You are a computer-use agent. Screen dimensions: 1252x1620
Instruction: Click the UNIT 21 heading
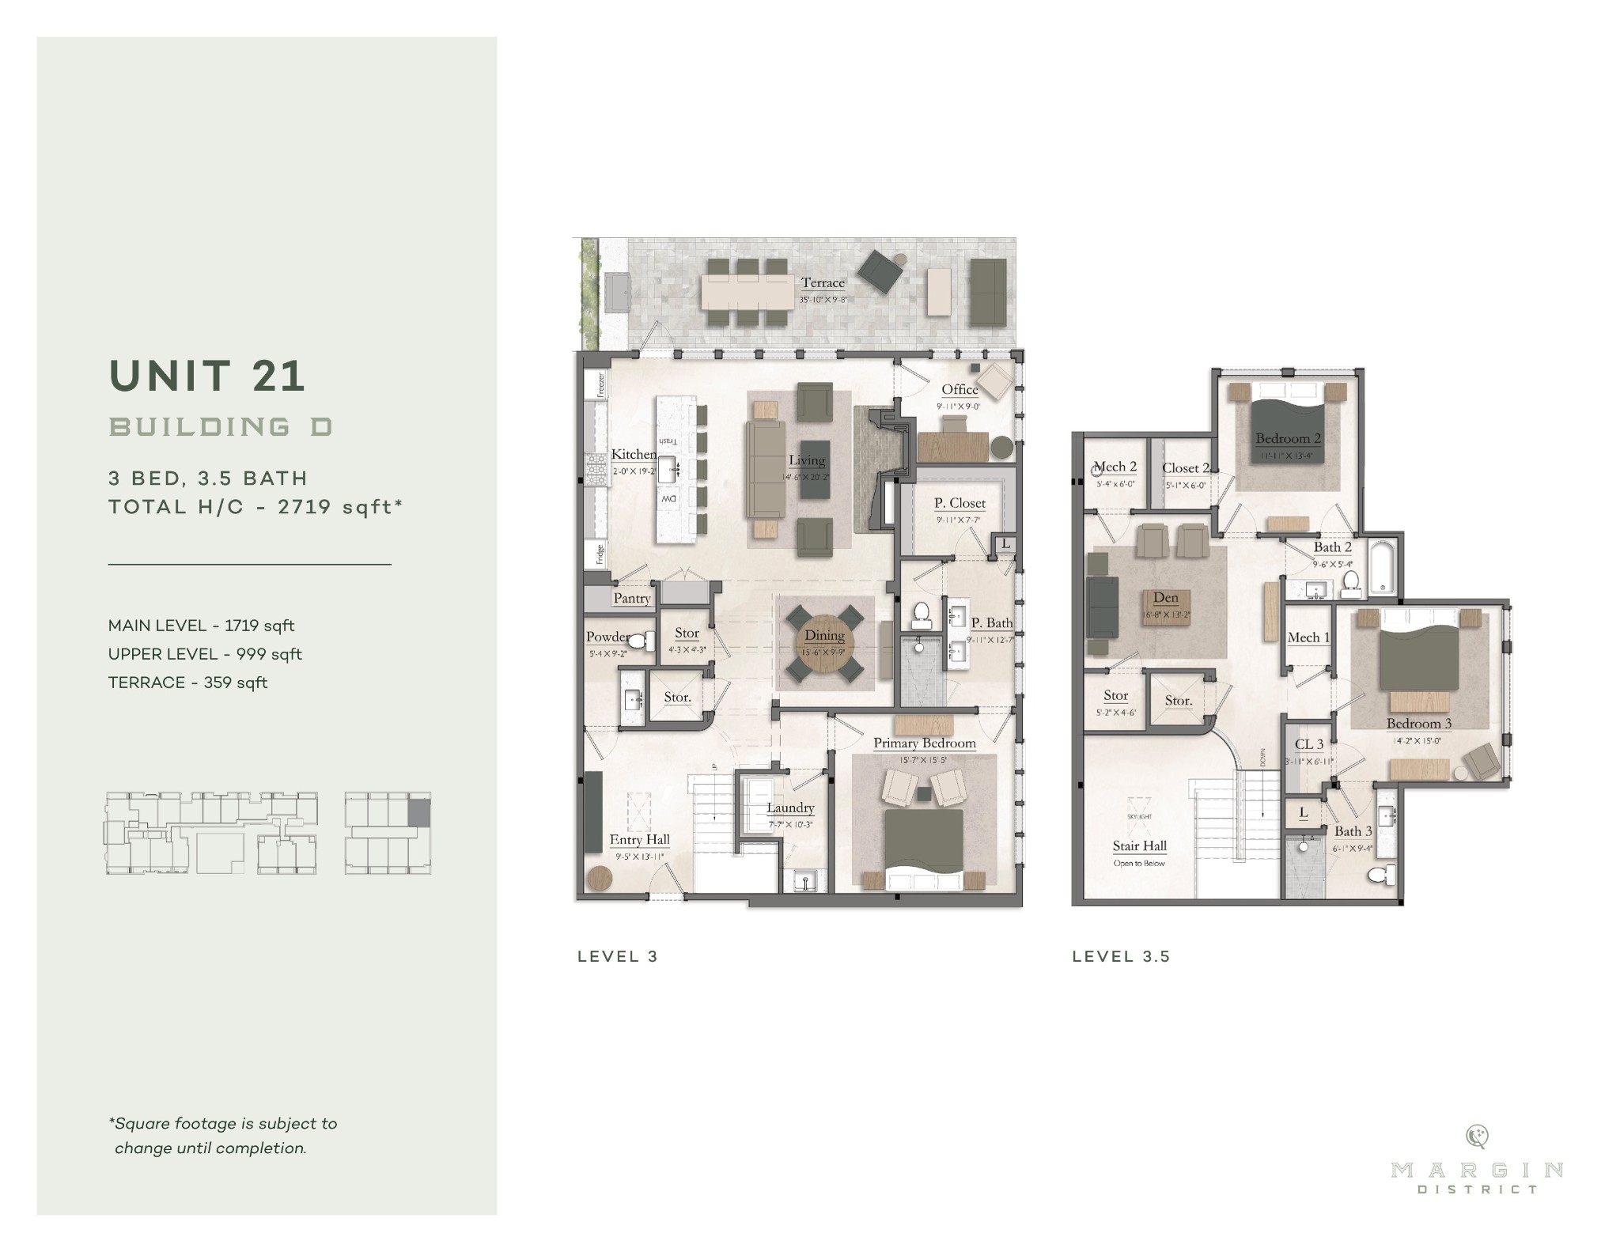(x=207, y=376)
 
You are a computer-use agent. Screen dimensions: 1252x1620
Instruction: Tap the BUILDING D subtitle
(x=221, y=427)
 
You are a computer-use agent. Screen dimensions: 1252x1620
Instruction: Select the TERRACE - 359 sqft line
(x=187, y=683)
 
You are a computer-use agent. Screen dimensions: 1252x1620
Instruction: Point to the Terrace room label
(x=823, y=282)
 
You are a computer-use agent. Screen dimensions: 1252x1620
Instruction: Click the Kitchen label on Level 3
(x=633, y=454)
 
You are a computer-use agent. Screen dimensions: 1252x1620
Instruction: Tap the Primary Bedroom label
(x=924, y=743)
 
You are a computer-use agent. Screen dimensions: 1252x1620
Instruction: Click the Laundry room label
(x=790, y=808)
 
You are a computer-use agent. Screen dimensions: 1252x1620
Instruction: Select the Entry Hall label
(x=639, y=840)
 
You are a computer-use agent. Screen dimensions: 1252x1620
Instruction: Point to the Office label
(x=960, y=389)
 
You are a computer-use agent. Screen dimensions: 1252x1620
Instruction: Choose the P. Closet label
(x=960, y=503)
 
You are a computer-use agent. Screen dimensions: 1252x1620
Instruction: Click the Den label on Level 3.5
(x=1165, y=598)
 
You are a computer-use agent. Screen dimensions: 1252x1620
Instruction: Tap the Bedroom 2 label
(x=1288, y=438)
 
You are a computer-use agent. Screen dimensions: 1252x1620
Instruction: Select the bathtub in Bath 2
(x=1382, y=566)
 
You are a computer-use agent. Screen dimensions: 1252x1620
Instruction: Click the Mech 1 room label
(x=1308, y=637)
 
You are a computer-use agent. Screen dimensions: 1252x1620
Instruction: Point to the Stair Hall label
(x=1139, y=846)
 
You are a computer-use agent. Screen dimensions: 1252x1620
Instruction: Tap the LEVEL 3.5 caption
(x=1121, y=956)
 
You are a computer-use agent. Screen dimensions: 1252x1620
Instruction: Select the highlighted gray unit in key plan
(x=419, y=812)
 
